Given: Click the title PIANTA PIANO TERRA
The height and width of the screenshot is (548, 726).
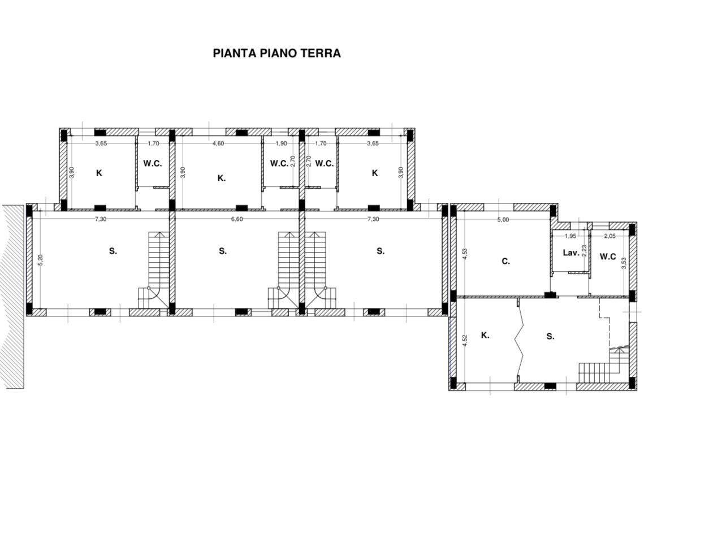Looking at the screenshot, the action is click(276, 53).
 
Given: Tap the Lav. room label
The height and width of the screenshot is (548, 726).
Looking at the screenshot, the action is click(571, 253).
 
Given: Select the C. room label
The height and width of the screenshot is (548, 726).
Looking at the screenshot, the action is click(505, 261).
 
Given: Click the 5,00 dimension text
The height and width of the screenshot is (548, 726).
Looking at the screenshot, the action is click(503, 220).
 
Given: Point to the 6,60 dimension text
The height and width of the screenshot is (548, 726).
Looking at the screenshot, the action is click(237, 219).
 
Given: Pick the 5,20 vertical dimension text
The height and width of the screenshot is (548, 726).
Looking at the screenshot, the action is click(41, 260).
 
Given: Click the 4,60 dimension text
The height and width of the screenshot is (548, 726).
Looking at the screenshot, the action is click(218, 143).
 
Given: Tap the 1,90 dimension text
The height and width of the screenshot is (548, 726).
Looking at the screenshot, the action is click(281, 143).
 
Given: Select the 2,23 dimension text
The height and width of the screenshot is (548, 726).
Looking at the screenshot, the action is click(585, 250).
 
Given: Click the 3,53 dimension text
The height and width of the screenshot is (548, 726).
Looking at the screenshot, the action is click(624, 263).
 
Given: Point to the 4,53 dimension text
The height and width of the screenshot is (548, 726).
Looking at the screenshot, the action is click(465, 254).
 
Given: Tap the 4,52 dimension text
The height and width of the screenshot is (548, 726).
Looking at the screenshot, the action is click(465, 341).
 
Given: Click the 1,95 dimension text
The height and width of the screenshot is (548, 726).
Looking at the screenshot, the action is click(571, 236).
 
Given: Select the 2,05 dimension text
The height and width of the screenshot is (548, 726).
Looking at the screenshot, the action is click(610, 236).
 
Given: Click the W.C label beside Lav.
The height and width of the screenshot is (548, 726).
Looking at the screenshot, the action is click(608, 256).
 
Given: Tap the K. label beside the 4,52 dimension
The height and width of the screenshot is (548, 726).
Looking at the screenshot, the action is click(485, 335).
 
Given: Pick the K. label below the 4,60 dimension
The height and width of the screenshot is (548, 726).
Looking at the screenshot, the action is click(222, 179).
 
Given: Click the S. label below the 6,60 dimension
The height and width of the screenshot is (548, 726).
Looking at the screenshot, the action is click(223, 251).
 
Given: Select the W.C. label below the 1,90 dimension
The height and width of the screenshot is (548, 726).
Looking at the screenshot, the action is click(279, 163).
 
